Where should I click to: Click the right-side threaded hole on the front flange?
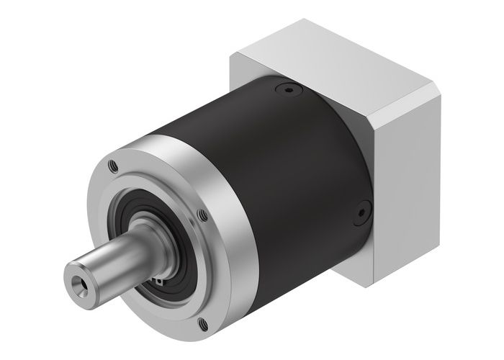[x=203, y=214]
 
